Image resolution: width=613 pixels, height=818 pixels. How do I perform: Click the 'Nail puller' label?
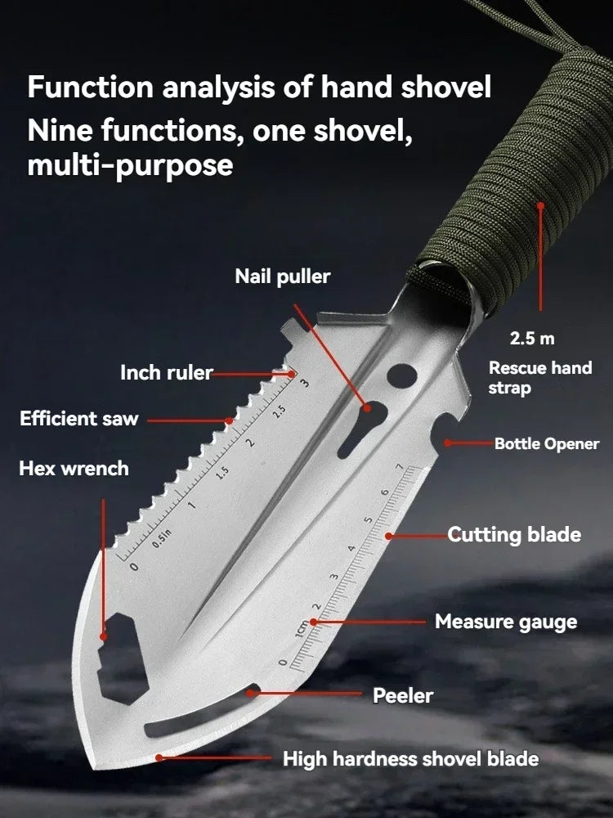click(x=283, y=276)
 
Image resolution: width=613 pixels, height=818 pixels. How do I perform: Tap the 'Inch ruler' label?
click(x=166, y=373)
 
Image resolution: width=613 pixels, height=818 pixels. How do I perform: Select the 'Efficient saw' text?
click(x=79, y=420)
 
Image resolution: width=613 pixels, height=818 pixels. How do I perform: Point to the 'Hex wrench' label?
click(x=74, y=469)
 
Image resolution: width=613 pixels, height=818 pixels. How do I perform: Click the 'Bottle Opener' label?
click(x=546, y=444)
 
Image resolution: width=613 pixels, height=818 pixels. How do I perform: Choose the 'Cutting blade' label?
click(x=514, y=535)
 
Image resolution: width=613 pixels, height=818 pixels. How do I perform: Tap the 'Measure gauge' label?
click(x=505, y=622)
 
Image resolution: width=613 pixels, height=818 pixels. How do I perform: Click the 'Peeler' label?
click(x=403, y=695)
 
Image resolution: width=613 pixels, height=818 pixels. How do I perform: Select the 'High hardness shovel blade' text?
click(x=410, y=759)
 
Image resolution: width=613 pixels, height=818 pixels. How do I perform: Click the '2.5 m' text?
click(x=532, y=337)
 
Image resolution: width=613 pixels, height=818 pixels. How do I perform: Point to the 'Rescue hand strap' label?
click(x=539, y=377)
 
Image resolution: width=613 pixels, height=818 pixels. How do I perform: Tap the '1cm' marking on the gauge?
click(x=302, y=630)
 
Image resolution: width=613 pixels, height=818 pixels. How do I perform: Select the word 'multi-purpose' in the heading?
click(x=130, y=166)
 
